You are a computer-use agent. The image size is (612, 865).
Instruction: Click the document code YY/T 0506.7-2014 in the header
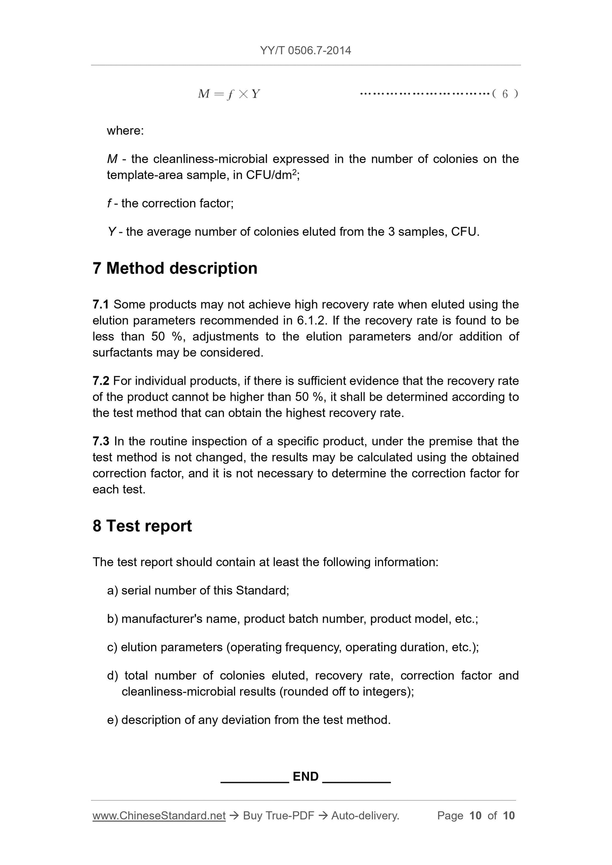[x=305, y=51]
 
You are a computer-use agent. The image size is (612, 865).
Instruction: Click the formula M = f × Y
[x=229, y=94]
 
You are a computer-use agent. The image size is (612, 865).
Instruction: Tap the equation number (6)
[x=505, y=94]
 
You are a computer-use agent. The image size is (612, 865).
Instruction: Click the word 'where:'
[x=125, y=131]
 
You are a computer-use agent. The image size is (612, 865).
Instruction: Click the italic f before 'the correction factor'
[x=109, y=204]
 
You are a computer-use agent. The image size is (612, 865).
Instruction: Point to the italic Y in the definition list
[x=112, y=232]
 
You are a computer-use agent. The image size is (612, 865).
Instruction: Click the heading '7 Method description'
[x=175, y=268]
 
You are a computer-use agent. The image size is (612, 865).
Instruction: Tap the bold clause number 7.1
[x=101, y=305]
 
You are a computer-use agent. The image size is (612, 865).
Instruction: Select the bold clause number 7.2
[x=101, y=381]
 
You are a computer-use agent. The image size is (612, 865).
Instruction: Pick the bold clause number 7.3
[x=101, y=441]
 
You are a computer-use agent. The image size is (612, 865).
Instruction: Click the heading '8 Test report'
[x=142, y=526]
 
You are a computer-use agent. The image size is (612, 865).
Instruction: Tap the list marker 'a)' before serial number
[x=113, y=591]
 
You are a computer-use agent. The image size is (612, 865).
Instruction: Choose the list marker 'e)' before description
[x=113, y=720]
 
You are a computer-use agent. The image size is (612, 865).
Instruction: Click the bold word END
[x=306, y=777]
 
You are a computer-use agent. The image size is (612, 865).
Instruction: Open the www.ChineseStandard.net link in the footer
[x=159, y=816]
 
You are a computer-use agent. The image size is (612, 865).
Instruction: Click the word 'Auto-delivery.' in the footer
[x=365, y=816]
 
